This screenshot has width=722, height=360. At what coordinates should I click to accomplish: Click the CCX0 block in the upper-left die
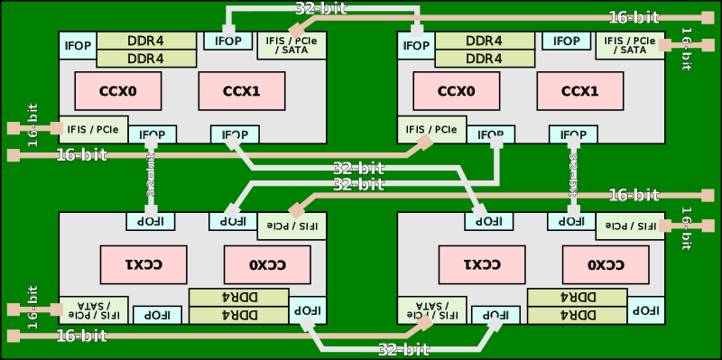(x=117, y=90)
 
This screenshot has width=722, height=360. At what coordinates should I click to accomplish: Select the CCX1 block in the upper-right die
(x=579, y=90)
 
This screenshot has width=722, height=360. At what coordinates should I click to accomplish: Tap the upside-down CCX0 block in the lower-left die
(x=267, y=264)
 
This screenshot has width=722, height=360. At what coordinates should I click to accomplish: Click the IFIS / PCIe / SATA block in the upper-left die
(x=292, y=45)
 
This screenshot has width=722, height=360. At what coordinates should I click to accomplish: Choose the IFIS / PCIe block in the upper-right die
(x=427, y=130)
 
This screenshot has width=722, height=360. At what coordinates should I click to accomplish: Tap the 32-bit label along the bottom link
(x=403, y=349)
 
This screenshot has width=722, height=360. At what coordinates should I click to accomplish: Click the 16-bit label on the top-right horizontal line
(x=634, y=17)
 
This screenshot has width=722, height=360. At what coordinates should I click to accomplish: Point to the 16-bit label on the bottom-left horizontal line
(x=81, y=337)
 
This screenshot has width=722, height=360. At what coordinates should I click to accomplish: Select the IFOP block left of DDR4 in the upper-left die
(x=78, y=45)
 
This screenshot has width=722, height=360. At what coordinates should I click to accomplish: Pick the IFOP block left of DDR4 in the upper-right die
(x=416, y=45)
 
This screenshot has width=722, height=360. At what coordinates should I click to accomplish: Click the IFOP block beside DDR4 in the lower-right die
(x=644, y=309)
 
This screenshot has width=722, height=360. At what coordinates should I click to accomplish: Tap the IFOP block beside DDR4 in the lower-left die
(x=301, y=309)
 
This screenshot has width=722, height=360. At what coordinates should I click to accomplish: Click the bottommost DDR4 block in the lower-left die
(x=238, y=315)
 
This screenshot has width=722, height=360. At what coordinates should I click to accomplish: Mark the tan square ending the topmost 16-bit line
(x=708, y=17)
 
